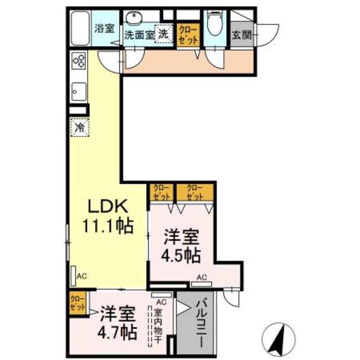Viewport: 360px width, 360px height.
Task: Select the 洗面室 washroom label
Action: point(138,34)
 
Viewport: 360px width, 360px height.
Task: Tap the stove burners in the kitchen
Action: point(79,61)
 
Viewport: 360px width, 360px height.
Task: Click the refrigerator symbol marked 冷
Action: point(80,127)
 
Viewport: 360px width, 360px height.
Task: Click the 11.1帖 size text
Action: point(108,226)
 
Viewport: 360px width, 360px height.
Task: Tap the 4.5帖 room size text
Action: point(182,255)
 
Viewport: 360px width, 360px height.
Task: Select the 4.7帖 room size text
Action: point(119,331)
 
